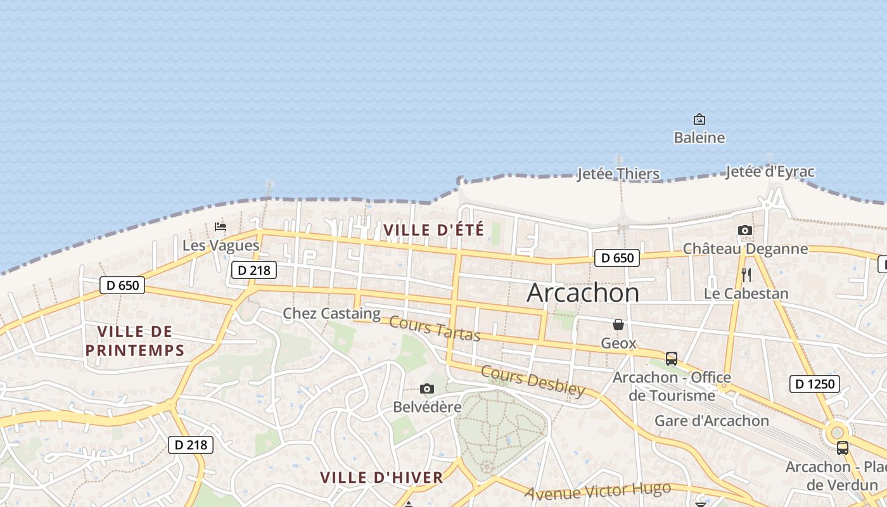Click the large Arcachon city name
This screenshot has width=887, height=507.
[x=583, y=293]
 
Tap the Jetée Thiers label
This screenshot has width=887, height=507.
[x=618, y=174]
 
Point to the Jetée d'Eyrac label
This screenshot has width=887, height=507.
[x=770, y=172]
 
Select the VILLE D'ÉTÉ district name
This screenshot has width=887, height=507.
[x=434, y=230]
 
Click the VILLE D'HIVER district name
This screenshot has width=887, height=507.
[x=381, y=478]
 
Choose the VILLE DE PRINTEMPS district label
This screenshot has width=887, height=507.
[x=135, y=341]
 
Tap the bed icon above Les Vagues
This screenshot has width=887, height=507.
[x=220, y=226]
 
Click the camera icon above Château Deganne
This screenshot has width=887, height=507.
[x=745, y=231]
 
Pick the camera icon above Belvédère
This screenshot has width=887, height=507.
[x=427, y=388]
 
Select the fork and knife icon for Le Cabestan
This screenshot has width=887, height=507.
[x=746, y=274]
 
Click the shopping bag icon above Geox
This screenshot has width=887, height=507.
[x=618, y=324]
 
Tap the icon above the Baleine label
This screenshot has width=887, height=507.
[x=699, y=119]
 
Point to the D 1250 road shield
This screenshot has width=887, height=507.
[x=815, y=383]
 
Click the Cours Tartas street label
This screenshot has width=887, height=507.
[x=435, y=328]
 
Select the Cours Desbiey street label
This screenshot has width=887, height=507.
[x=532, y=380]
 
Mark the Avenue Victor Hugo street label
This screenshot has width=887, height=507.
[x=597, y=491]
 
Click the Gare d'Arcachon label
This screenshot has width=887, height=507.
[x=712, y=421]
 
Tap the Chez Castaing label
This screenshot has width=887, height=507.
[x=331, y=313]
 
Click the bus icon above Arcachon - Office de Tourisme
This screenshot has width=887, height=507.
[x=672, y=359]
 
